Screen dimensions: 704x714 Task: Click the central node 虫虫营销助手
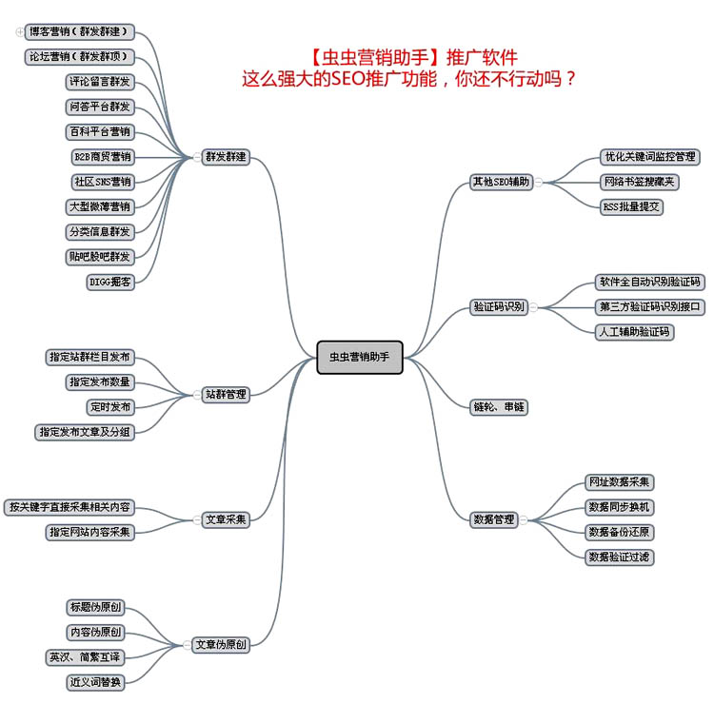[360, 357]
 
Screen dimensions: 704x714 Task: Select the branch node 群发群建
[226, 157]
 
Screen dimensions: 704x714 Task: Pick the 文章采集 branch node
[226, 519]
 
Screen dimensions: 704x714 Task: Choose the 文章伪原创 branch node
[220, 645]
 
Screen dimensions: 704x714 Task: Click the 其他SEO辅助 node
[501, 182]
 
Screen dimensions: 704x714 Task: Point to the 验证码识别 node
[499, 306]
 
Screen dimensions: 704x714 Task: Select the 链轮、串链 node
[499, 406]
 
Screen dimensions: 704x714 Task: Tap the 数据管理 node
[493, 519]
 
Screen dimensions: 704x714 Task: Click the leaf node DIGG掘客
[110, 282]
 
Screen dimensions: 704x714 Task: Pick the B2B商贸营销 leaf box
[102, 157]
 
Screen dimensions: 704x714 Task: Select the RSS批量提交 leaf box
[632, 206]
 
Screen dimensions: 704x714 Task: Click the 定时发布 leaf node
[110, 407]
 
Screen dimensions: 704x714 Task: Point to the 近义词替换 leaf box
[95, 682]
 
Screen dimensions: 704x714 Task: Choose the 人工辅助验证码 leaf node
[634, 332]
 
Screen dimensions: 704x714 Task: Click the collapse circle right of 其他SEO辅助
[538, 182]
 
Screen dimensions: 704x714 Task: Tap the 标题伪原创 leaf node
[95, 607]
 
